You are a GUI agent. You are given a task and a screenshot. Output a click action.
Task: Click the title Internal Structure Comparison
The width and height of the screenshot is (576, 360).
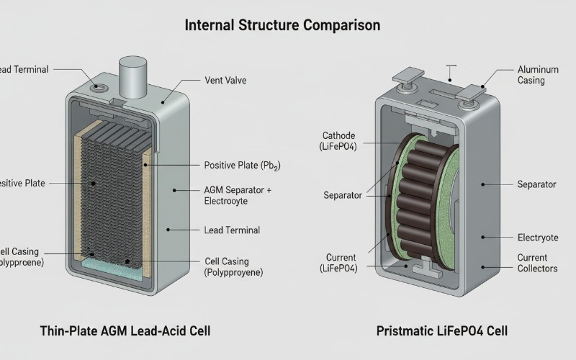point(282,25)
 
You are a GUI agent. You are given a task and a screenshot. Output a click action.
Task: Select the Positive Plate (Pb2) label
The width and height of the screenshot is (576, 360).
point(243,165)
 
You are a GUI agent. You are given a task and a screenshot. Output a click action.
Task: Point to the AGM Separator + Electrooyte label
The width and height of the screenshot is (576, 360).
point(238,196)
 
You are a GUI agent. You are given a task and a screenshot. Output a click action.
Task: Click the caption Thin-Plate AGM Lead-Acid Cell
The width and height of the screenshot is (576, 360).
point(125,331)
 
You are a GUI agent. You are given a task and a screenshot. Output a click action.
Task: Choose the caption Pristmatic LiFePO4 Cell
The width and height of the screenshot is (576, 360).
point(441,331)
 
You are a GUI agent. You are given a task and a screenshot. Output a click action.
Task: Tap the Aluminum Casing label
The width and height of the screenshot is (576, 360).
point(537,75)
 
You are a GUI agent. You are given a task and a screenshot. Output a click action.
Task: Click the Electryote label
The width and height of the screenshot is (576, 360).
point(537,238)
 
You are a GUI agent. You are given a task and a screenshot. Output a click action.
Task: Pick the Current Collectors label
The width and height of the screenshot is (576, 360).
point(537,263)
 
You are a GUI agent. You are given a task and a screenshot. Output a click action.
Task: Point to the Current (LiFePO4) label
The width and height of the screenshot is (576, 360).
point(338,263)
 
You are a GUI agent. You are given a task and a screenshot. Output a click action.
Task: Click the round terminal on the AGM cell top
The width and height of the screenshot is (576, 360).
point(99,89)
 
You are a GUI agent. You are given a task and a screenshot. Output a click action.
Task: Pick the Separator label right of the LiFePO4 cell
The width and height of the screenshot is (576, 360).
point(536,184)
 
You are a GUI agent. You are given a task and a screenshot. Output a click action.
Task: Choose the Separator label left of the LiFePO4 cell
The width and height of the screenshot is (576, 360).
point(343,195)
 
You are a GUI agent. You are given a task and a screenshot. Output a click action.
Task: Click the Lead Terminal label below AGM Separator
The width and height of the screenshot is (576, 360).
point(233,230)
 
